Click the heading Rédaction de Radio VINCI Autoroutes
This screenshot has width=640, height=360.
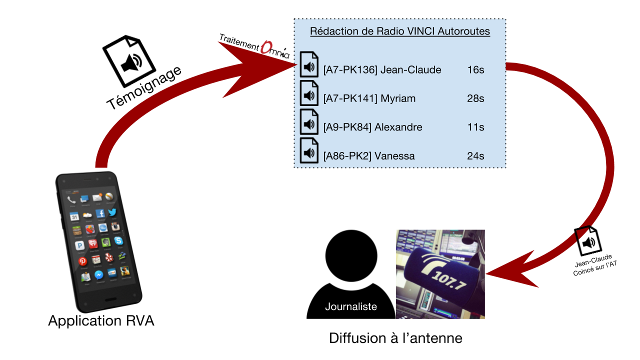tap(399, 31)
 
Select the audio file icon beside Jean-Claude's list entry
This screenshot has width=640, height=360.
tap(309, 64)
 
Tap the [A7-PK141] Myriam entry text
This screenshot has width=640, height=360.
tap(369, 98)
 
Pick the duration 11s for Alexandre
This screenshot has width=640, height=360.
tap(475, 127)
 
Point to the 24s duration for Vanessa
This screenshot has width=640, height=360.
tap(475, 156)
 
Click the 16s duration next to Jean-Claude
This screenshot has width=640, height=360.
tap(475, 70)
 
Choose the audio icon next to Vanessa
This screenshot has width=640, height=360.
tap(309, 150)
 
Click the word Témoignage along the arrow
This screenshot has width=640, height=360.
tap(144, 88)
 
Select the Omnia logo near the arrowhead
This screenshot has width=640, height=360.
tap(275, 49)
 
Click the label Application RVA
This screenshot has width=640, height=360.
tap(101, 321)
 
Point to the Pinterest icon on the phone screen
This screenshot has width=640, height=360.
tap(82, 261)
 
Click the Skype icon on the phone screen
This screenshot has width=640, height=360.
tap(118, 241)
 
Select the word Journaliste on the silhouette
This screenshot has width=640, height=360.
tap(351, 306)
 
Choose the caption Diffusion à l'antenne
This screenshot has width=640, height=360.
tap(395, 338)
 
